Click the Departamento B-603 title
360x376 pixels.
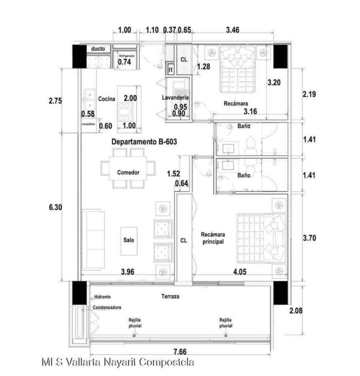[144, 142]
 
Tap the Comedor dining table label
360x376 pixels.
[128, 173]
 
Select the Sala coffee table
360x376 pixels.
[129, 241]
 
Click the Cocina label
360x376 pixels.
[107, 99]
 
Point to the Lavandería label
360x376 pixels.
[175, 98]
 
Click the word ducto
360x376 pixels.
[98, 49]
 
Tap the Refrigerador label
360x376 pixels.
[127, 56]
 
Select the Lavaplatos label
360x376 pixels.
[88, 124]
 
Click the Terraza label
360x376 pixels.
[170, 296]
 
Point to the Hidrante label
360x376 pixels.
[102, 297]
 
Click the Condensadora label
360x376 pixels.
[107, 307]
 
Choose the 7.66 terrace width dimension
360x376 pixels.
[180, 352]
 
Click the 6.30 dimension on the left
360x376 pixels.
[56, 207]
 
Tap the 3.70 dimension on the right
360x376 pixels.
[309, 238]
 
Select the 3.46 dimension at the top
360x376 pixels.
[232, 30]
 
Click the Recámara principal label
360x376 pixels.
[213, 238]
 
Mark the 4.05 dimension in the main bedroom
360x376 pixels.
[240, 272]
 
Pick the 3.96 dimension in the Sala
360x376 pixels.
[128, 272]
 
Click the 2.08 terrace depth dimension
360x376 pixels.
[296, 311]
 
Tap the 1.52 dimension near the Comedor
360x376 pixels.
[174, 174]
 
